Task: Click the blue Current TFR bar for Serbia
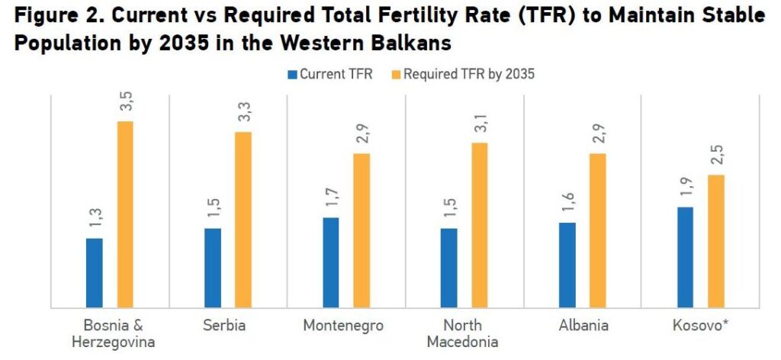213,268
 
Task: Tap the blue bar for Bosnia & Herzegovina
94,272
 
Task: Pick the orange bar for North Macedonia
479,225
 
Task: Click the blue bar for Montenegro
331,262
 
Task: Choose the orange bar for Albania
597,230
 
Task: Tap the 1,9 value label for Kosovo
685,188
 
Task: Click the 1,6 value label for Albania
567,204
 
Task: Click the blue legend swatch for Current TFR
292,74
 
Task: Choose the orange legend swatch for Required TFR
396,74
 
